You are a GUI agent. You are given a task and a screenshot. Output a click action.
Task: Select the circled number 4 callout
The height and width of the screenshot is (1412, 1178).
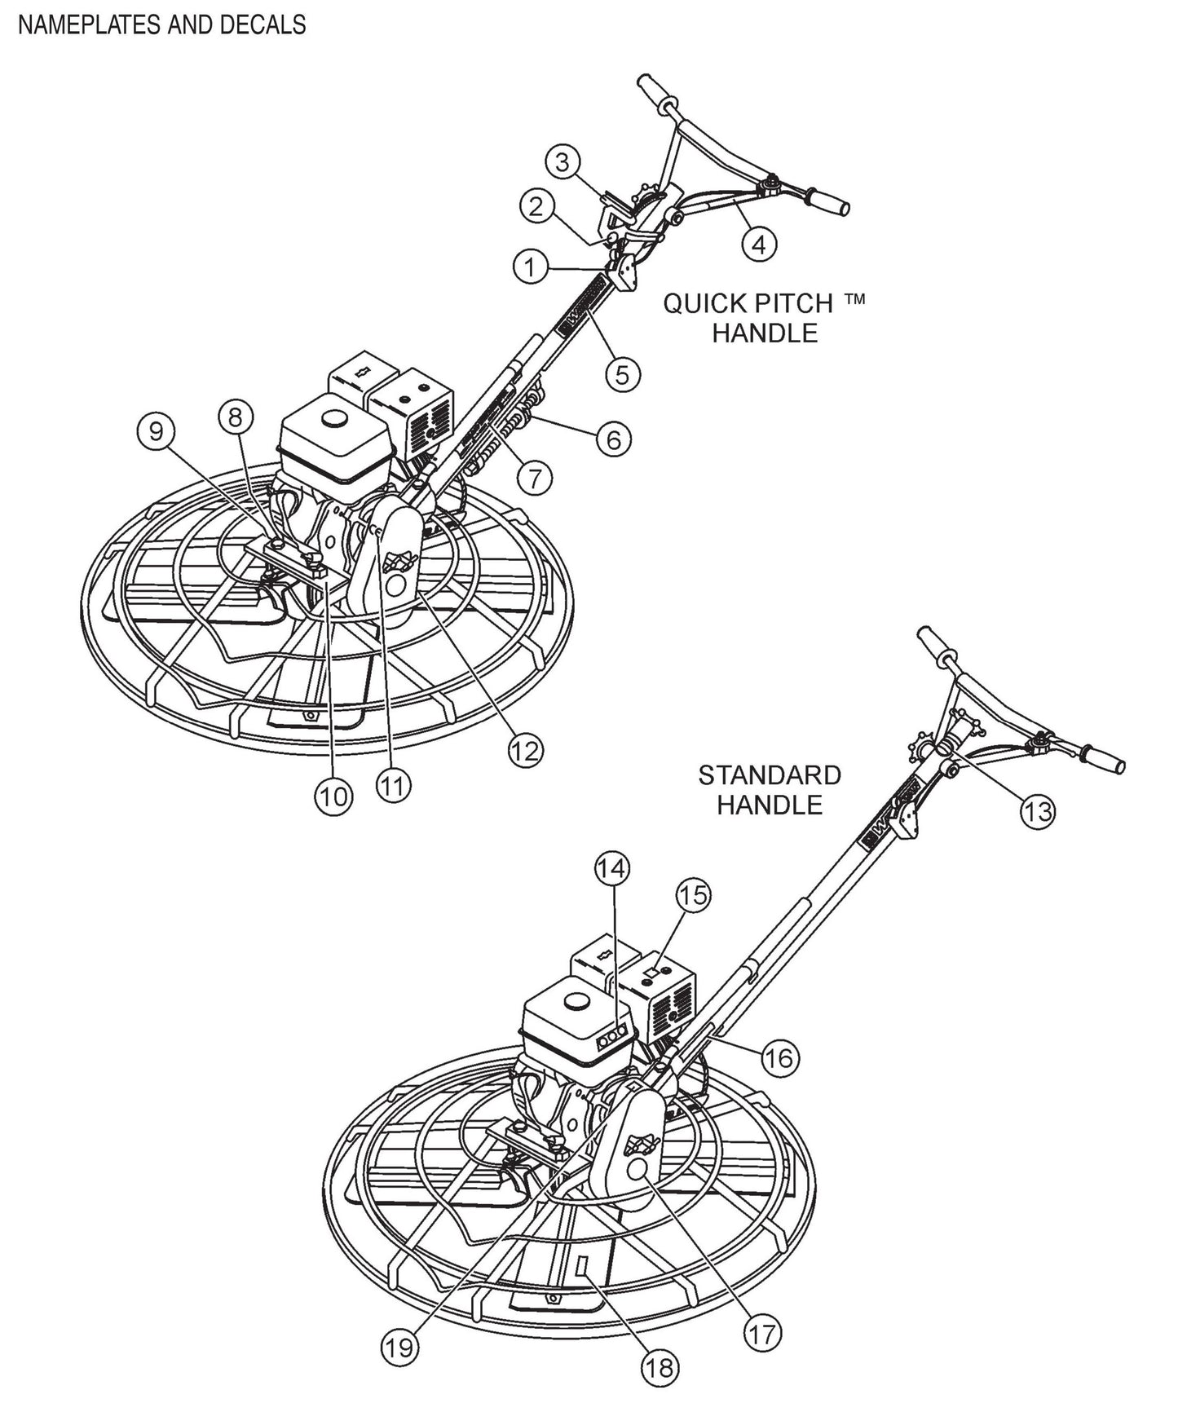tap(759, 244)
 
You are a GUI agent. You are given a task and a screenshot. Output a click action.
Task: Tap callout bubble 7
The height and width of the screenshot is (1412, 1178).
tap(534, 479)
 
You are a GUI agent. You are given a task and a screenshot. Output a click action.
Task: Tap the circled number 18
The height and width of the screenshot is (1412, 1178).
tap(661, 1366)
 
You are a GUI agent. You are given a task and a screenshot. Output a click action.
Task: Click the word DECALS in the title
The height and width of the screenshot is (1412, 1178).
tap(263, 25)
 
